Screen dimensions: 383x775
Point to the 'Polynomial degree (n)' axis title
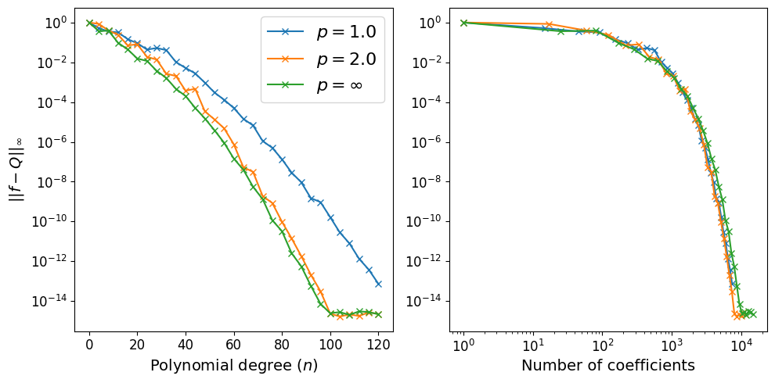(233, 365)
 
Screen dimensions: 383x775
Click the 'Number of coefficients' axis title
(608, 365)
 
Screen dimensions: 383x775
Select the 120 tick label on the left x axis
(378, 345)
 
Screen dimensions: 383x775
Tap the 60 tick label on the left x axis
(233, 345)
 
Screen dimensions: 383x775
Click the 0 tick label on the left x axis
(89, 345)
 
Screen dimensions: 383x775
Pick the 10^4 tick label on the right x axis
(741, 345)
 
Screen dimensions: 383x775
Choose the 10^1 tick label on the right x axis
(533, 345)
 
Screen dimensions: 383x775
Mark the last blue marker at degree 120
(378, 284)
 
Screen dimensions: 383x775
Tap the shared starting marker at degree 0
(89, 23)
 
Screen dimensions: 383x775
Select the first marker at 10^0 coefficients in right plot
(463, 23)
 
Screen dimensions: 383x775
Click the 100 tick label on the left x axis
(330, 345)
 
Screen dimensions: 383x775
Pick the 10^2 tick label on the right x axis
(602, 345)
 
